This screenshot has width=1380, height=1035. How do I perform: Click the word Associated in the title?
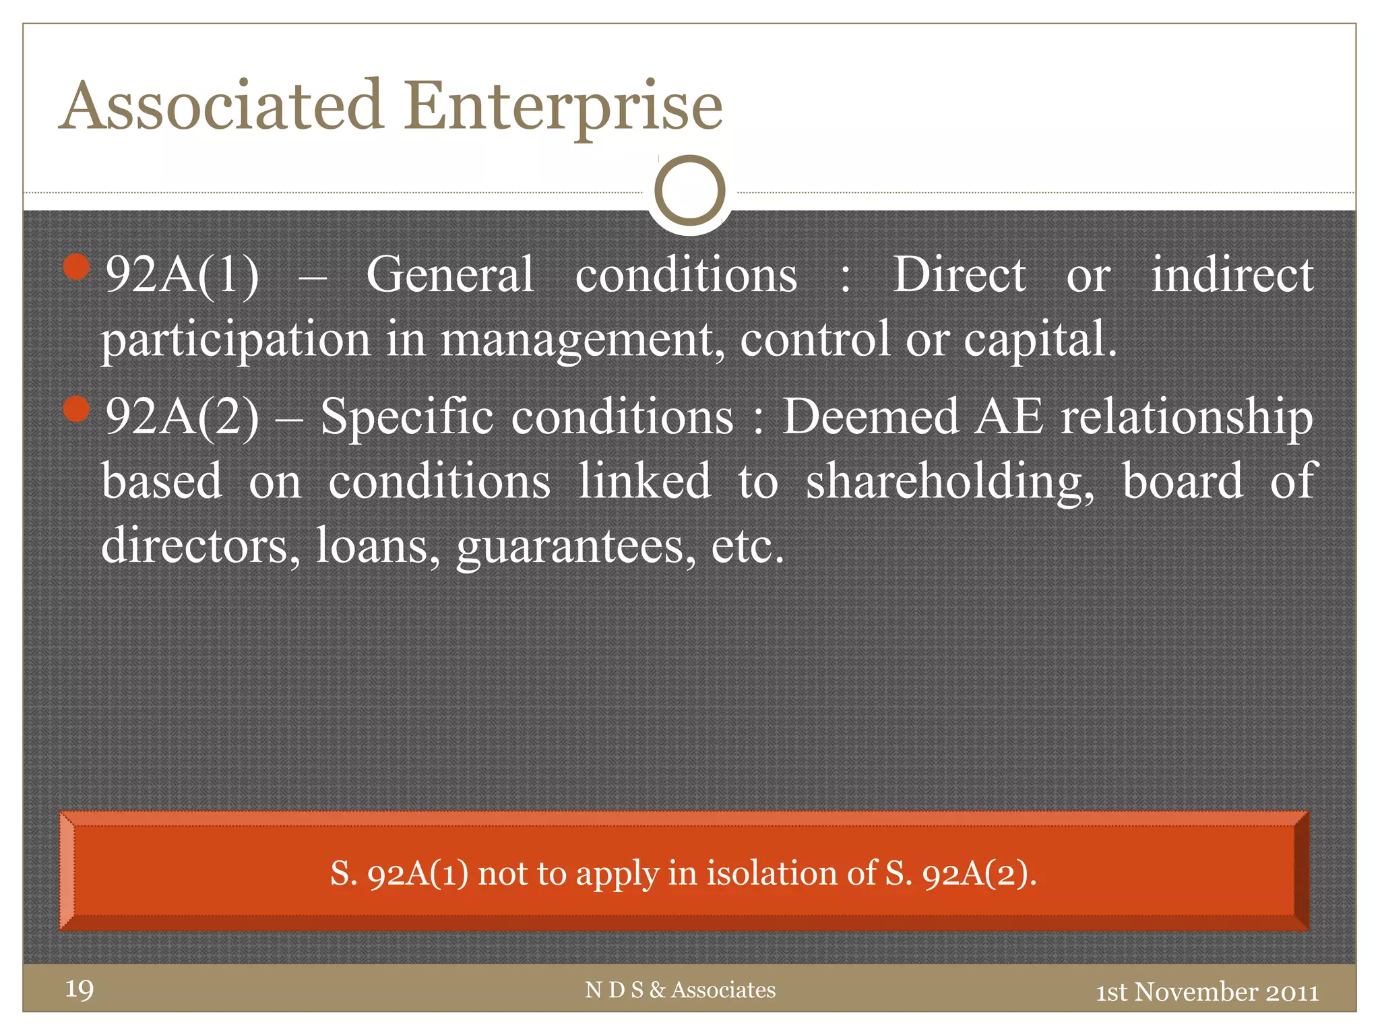(222, 106)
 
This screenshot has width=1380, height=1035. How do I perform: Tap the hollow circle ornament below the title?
(689, 191)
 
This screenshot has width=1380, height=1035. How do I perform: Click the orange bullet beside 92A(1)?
(77, 267)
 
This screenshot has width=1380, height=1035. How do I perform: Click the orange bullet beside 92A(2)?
(77, 409)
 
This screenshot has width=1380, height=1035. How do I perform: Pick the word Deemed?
(871, 416)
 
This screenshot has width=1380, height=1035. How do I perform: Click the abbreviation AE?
(1009, 416)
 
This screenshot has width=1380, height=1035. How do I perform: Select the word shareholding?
(950, 482)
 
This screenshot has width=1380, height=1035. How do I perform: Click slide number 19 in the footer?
(80, 989)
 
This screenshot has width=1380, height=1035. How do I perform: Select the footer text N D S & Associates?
(680, 990)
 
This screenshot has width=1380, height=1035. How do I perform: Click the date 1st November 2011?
(1207, 992)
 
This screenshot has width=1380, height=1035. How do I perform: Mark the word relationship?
(1187, 416)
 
